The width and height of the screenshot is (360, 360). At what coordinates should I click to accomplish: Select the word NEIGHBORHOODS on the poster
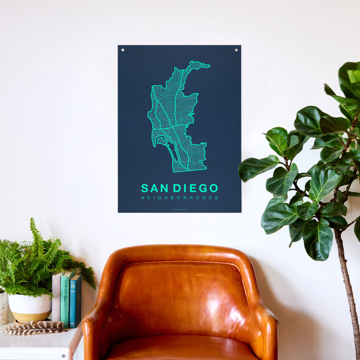tap(179, 198)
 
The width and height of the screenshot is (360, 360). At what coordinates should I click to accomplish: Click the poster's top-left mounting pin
tap(123, 50)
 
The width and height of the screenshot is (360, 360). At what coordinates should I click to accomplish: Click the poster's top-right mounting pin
tap(236, 50)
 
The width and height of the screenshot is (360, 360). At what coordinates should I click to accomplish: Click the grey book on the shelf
tap(56, 298)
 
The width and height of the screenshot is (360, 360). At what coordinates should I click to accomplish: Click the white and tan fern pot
tap(29, 307)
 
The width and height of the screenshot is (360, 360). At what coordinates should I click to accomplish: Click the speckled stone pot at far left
tap(3, 307)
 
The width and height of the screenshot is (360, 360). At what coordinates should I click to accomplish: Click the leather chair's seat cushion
tap(180, 349)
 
